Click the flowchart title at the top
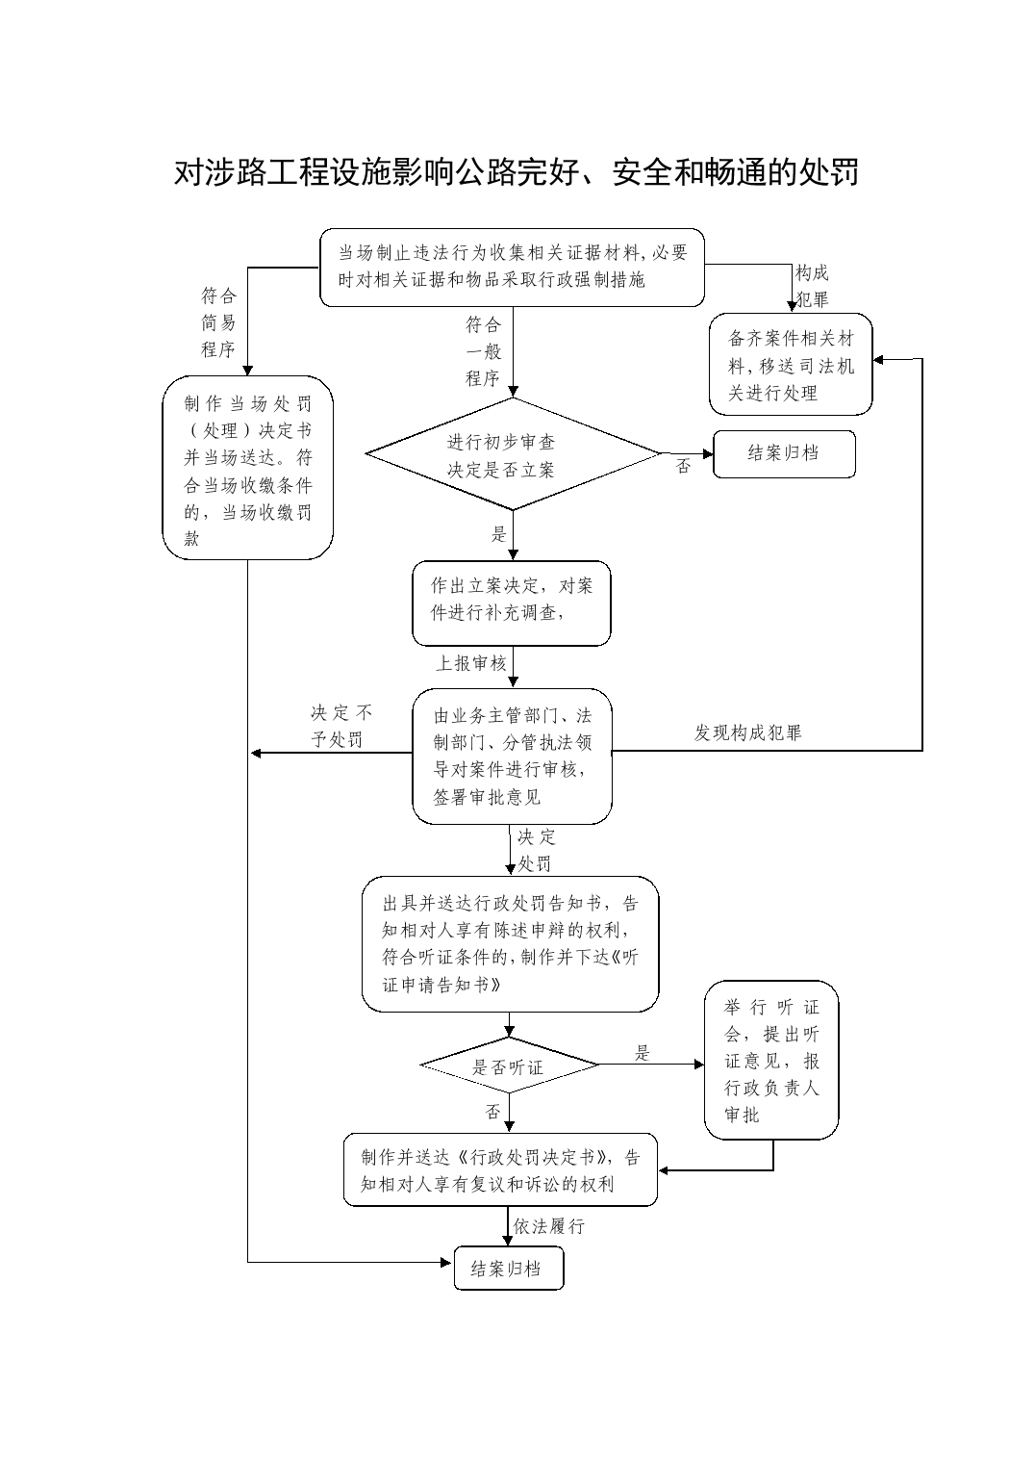[x=516, y=172]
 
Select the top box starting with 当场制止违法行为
[x=512, y=268]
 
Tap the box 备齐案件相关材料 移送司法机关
[x=791, y=364]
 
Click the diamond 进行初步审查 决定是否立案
[x=513, y=454]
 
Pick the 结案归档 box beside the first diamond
[x=784, y=454]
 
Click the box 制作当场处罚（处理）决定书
[x=247, y=468]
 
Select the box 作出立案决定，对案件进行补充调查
[x=511, y=603]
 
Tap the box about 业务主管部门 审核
[x=512, y=756]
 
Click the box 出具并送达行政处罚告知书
[x=511, y=944]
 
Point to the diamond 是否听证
[x=509, y=1065]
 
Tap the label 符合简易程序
[x=218, y=322]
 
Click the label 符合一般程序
[x=484, y=351]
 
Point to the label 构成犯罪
[x=812, y=286]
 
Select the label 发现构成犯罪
[x=747, y=732]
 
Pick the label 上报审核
[x=471, y=663]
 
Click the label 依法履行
[x=549, y=1226]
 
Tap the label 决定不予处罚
[x=340, y=726]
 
